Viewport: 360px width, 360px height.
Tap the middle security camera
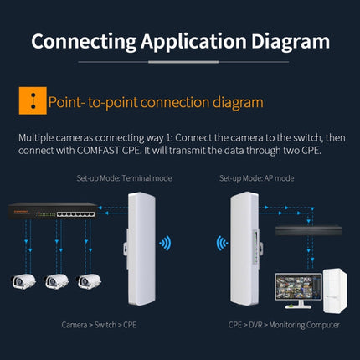[58, 280]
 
